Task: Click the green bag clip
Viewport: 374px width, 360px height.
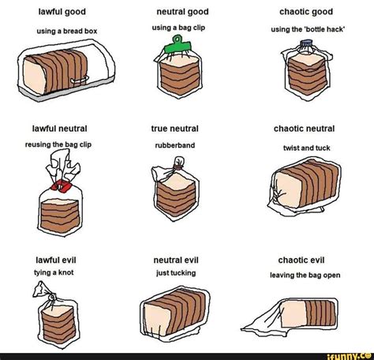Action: (x=178, y=47)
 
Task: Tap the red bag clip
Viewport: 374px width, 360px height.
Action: (x=62, y=186)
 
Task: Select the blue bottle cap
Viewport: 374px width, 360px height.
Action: (x=306, y=43)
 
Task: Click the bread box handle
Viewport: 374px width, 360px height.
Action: (x=80, y=80)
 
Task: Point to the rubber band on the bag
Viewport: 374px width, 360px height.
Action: (x=178, y=167)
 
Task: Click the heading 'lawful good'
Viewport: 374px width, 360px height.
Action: (x=62, y=12)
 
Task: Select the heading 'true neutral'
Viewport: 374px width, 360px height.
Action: (x=174, y=129)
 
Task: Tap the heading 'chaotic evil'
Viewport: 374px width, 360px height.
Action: (x=301, y=261)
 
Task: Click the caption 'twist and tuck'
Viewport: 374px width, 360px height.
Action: (x=307, y=148)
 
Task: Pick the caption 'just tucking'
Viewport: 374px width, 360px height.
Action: (x=176, y=273)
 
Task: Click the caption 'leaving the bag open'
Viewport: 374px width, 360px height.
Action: (x=305, y=276)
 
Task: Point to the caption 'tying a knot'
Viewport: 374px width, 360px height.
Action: (x=54, y=272)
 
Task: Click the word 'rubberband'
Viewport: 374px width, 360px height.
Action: (x=175, y=145)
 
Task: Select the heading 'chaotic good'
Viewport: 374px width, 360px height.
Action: (x=306, y=12)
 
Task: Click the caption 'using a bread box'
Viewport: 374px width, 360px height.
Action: (x=67, y=32)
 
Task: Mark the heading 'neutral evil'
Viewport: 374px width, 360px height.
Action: (x=176, y=261)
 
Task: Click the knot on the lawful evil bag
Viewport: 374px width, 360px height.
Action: (x=52, y=297)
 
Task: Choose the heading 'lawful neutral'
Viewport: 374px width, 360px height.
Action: (x=59, y=129)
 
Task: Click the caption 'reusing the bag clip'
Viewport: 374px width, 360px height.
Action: (x=58, y=144)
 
